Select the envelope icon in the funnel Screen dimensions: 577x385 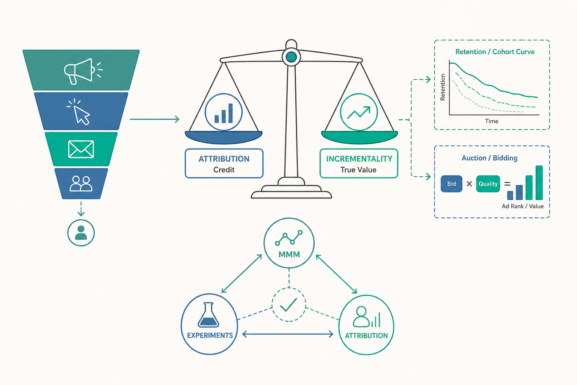click(x=81, y=149)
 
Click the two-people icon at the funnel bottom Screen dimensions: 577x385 click(x=81, y=183)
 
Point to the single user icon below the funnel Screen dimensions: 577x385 click(x=81, y=233)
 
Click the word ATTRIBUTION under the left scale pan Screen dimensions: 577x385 click(x=224, y=159)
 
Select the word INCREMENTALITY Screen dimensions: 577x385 click(x=359, y=159)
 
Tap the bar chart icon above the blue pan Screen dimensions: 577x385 click(x=224, y=113)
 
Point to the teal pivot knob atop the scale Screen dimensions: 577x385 click(x=292, y=57)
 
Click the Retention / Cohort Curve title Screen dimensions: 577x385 click(x=495, y=52)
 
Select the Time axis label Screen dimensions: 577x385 click(x=491, y=121)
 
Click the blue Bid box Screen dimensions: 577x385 click(x=451, y=183)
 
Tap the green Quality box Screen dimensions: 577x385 click(x=488, y=183)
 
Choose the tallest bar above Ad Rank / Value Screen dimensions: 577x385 click(x=539, y=183)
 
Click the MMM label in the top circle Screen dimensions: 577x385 click(x=289, y=255)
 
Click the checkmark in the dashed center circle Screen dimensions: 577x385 click(x=288, y=305)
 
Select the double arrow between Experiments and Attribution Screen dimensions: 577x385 click(x=288, y=335)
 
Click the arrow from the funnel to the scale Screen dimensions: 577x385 click(x=154, y=119)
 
